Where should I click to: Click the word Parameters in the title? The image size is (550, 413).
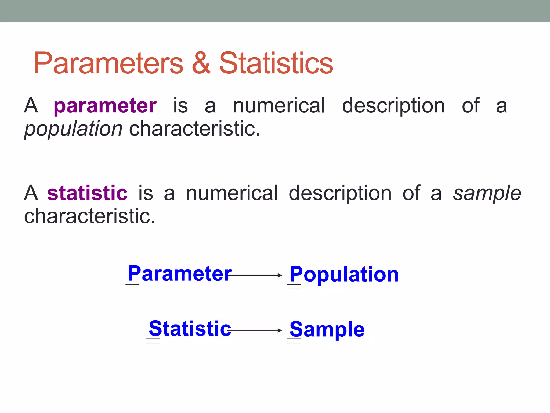point(108,63)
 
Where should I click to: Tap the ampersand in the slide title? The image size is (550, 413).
point(201,63)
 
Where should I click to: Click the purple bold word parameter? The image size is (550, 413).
point(105,106)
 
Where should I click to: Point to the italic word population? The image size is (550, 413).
point(73,129)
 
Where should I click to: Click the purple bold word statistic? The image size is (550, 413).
point(87,193)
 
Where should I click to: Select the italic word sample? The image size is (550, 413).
point(487,193)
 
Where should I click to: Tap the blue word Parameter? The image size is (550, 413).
point(180,273)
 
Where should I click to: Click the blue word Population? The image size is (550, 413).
point(344,275)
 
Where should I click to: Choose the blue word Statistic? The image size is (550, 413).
point(190,329)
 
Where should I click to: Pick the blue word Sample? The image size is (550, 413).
point(327,329)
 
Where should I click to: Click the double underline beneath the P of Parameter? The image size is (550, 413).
point(132,287)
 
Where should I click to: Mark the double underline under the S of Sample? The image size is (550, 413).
point(294,341)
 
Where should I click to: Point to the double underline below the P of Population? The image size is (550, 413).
point(294,287)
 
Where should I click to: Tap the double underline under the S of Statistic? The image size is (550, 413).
point(153,341)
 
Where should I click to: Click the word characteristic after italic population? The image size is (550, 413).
point(195,129)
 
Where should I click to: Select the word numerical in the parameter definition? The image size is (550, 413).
point(279,106)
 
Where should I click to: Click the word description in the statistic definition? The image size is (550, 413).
point(340,193)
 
